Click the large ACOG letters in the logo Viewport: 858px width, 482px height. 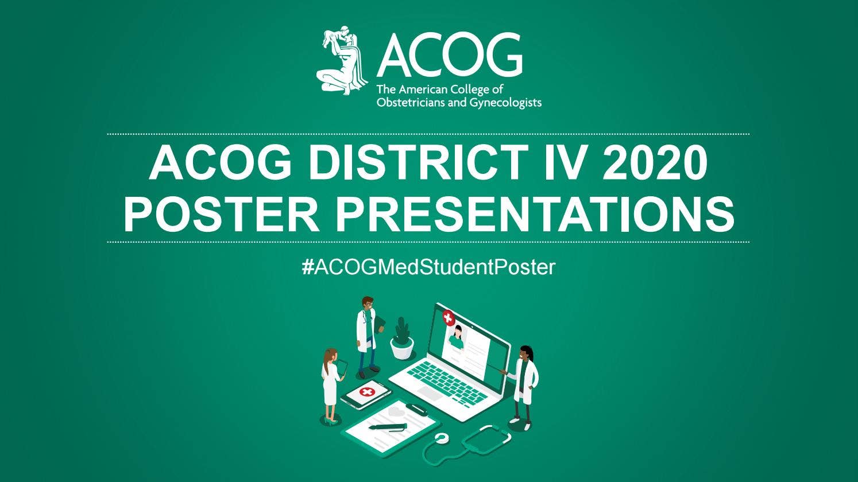coord(449,55)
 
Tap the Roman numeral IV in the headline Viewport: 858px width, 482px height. coord(556,163)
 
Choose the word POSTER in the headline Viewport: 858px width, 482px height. coord(221,213)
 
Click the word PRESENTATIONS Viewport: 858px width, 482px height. coord(535,213)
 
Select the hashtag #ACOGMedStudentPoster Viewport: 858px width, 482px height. coord(428,267)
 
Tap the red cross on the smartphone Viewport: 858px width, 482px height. coord(366,392)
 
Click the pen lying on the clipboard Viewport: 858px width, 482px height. coord(387,427)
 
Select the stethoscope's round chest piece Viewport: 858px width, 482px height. coord(441,439)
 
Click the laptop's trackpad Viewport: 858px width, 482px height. coord(430,392)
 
